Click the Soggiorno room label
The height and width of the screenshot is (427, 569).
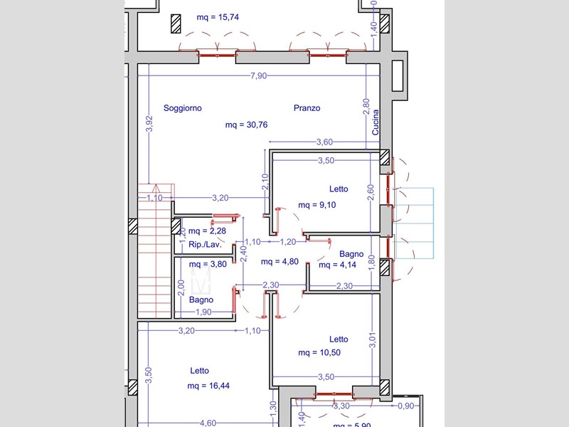pos(183,108)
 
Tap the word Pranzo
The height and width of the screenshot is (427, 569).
pos(307,108)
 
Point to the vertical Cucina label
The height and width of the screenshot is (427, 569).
pos(376,122)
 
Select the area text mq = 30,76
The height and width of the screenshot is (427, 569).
pos(246,125)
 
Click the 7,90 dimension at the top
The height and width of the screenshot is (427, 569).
pos(259,75)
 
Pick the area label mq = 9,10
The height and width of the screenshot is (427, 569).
pos(317,205)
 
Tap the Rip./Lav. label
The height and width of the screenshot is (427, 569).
pos(205,245)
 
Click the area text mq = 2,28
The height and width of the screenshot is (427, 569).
pos(207,231)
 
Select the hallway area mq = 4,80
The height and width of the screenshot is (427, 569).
pos(280,261)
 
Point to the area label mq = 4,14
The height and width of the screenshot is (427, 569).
pos(337,265)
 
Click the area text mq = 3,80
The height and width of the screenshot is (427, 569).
pos(208,264)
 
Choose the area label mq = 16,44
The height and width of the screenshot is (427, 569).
pos(208,386)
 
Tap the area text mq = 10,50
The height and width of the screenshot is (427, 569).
pos(319,352)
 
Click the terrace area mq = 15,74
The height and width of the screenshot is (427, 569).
pos(218,17)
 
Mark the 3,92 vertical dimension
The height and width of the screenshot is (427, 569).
pos(149,123)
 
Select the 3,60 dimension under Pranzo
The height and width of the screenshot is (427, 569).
pos(324,142)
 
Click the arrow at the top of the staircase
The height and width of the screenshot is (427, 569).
pos(156,188)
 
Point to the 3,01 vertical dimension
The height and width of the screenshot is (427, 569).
pos(373,340)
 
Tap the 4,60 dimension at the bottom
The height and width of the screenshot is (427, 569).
pos(208,423)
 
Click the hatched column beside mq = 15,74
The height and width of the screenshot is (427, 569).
pos(176,24)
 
